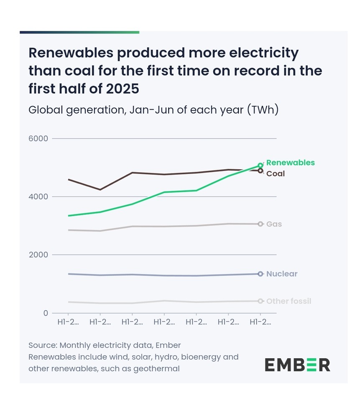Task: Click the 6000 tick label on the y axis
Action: coord(38,138)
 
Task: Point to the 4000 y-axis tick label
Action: coord(38,196)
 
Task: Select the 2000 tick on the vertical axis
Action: coord(38,255)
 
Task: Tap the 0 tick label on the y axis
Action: coord(45,313)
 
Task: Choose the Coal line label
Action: coord(276,173)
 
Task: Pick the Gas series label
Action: coord(274,224)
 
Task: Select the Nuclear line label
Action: coord(282,274)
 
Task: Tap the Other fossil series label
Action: coord(289,301)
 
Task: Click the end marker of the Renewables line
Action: coord(260,166)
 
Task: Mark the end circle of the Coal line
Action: coord(260,171)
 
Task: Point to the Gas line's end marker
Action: coord(260,224)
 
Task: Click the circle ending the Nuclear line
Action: coord(260,274)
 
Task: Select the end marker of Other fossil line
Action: coord(260,301)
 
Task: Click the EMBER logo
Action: coord(297,365)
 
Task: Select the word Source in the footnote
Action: coord(42,345)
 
